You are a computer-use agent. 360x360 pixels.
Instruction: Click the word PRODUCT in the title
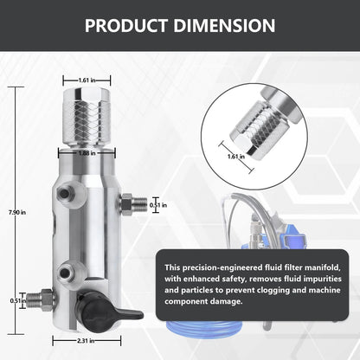[x=126, y=25]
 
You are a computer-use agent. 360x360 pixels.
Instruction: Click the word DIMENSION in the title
[x=224, y=25]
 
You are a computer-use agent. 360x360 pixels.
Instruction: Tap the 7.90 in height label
[x=17, y=212]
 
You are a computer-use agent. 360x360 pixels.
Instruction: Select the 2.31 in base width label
[x=86, y=341]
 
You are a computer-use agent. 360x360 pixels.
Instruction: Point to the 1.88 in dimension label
[x=87, y=153]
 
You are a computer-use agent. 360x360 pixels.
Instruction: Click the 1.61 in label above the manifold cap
[x=87, y=80]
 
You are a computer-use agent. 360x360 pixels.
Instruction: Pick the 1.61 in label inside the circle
[x=236, y=157]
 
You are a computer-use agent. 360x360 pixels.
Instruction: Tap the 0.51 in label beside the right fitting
[x=158, y=205]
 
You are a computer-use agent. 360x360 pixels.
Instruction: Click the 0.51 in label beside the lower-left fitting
[x=18, y=300]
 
